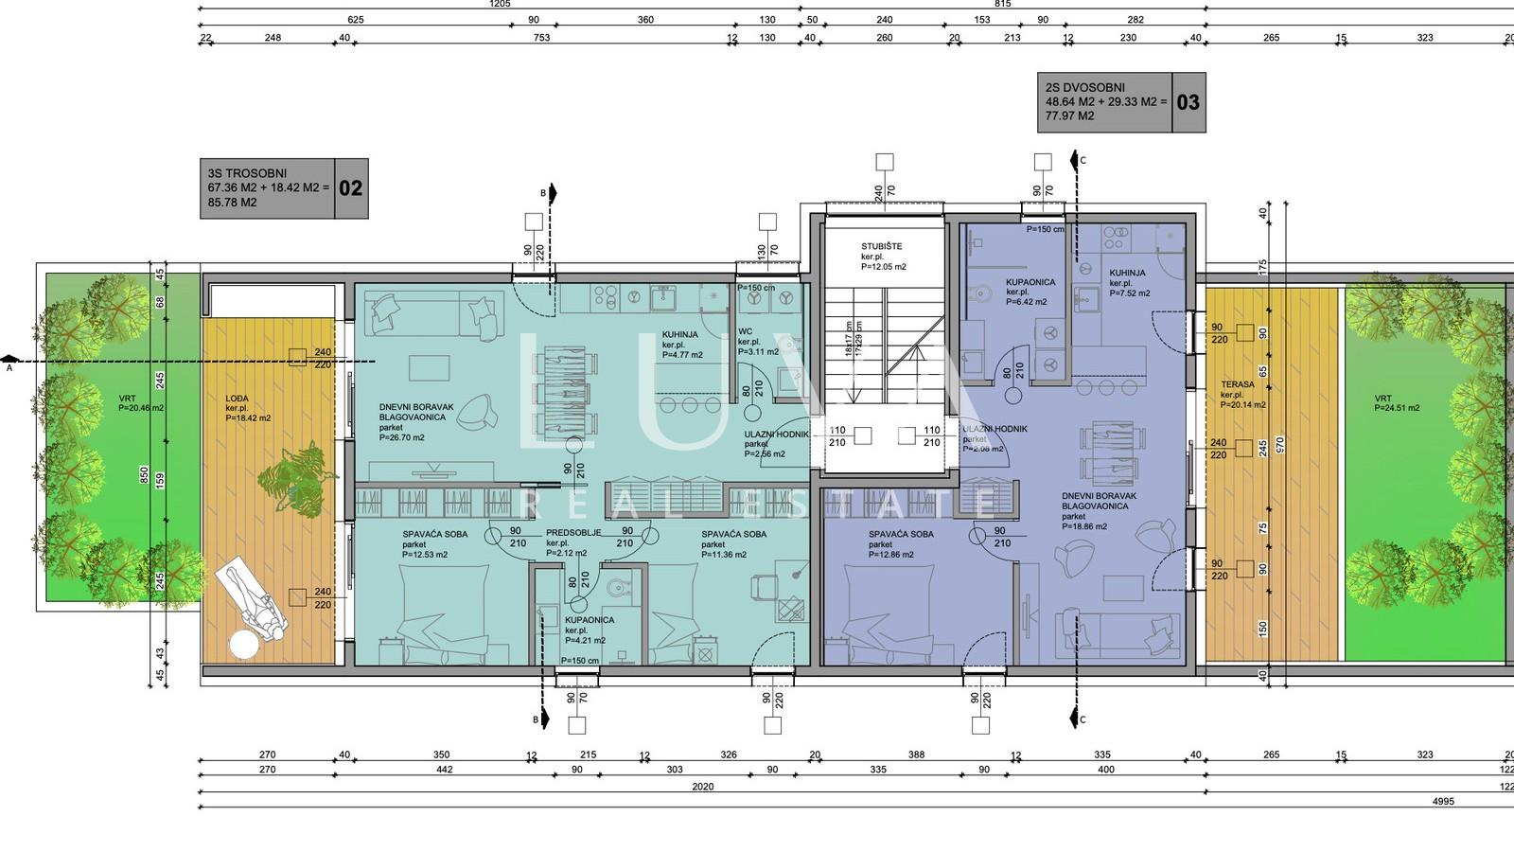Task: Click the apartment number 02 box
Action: point(350,188)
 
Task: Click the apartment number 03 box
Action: point(1188,102)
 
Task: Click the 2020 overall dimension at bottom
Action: point(702,787)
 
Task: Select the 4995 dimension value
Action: point(1443,802)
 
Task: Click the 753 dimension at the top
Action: point(541,38)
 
